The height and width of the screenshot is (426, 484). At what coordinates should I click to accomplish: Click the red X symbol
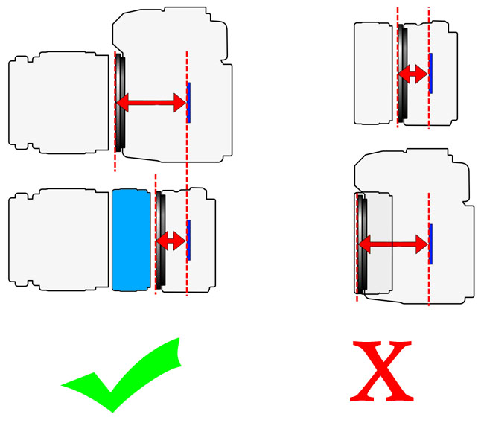(x=380, y=370)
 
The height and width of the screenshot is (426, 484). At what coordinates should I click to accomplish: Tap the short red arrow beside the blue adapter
(x=171, y=240)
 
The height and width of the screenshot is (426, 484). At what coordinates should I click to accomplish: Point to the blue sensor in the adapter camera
(x=188, y=240)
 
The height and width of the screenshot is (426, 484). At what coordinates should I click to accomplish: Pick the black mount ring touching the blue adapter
(x=158, y=240)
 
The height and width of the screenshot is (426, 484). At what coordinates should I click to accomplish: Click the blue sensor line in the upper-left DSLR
(x=188, y=103)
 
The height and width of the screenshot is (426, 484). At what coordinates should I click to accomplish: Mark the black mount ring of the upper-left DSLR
(x=121, y=103)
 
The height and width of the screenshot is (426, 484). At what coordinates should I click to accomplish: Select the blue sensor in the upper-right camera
(x=430, y=73)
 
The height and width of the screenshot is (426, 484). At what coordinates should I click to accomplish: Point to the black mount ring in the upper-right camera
(x=402, y=73)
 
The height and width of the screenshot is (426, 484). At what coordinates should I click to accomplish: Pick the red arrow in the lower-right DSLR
(x=393, y=244)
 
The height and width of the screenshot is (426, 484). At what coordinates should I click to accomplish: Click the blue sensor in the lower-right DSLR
(x=430, y=244)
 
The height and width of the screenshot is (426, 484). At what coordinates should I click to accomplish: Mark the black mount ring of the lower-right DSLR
(x=361, y=244)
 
